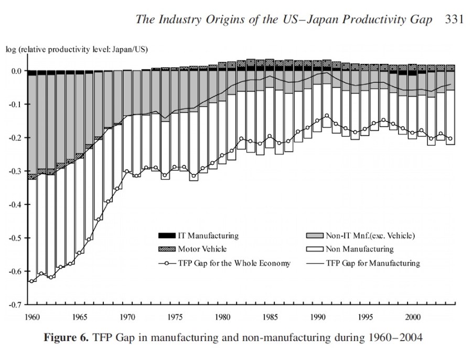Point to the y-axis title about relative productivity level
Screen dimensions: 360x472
tap(77, 50)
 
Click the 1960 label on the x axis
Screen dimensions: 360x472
tap(33, 317)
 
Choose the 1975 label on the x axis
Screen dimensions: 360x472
tap(175, 317)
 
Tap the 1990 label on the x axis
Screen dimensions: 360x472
tap(318, 317)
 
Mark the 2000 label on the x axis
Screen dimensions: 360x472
tap(413, 317)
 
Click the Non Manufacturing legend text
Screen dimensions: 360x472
tap(359, 249)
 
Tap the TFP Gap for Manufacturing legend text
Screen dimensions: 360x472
tap(373, 263)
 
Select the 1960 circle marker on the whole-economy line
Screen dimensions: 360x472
tap(33, 281)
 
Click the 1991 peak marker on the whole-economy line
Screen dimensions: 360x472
tap(327, 115)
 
